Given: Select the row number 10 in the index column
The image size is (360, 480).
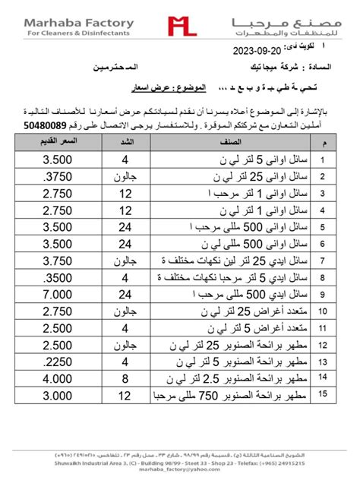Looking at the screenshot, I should click(x=323, y=311).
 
